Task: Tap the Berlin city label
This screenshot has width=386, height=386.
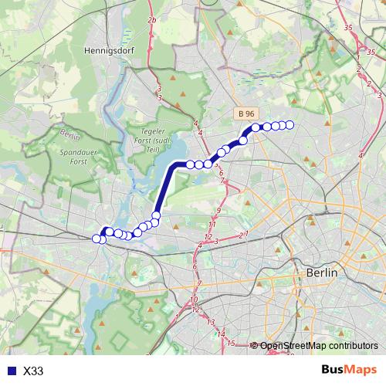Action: point(322,273)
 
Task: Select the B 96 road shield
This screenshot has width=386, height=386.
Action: point(246,113)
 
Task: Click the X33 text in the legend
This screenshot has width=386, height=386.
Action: point(33,371)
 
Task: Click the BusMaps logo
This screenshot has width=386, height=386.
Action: point(348,371)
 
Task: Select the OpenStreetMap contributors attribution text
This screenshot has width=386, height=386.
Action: point(319,346)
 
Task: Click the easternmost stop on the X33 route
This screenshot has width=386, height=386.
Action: point(290,125)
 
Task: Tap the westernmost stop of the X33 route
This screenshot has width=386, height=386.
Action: point(96,239)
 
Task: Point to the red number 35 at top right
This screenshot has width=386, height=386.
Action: point(349,28)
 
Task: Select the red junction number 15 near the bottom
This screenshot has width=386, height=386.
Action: point(231,342)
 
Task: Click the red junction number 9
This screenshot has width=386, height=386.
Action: point(218,210)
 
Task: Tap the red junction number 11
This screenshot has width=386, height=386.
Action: point(213,224)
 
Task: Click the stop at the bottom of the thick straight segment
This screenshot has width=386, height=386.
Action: point(157,215)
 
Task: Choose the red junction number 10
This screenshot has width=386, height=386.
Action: point(194,300)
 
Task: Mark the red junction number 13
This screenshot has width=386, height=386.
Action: point(210,322)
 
